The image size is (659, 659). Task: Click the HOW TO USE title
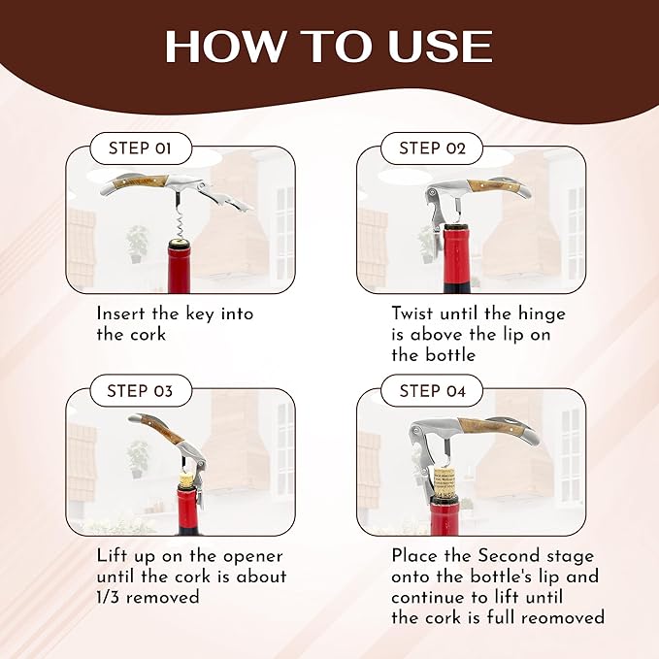[328, 47]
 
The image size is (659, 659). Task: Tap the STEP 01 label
[141, 148]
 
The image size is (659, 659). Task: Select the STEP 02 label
[432, 148]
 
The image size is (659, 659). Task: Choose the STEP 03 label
[141, 391]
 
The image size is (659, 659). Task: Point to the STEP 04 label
[432, 391]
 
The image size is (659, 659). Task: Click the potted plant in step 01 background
[137, 243]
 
